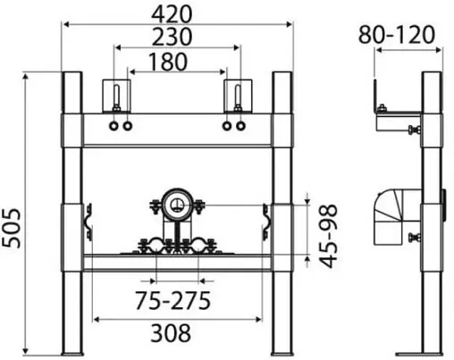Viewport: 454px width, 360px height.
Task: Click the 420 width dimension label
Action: [172, 14]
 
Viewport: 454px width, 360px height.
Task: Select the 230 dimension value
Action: [172, 37]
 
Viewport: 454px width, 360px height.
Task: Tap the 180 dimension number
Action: [168, 62]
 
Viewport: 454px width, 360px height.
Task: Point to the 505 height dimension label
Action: [13, 229]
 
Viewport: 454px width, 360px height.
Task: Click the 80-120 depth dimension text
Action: [396, 35]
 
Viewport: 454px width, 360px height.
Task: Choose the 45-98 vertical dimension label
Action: [329, 236]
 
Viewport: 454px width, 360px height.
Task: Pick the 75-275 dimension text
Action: [172, 300]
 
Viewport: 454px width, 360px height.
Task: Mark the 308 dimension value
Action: [171, 332]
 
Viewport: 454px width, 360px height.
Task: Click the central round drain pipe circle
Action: [177, 205]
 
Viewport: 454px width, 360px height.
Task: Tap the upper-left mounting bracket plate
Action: [116, 96]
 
